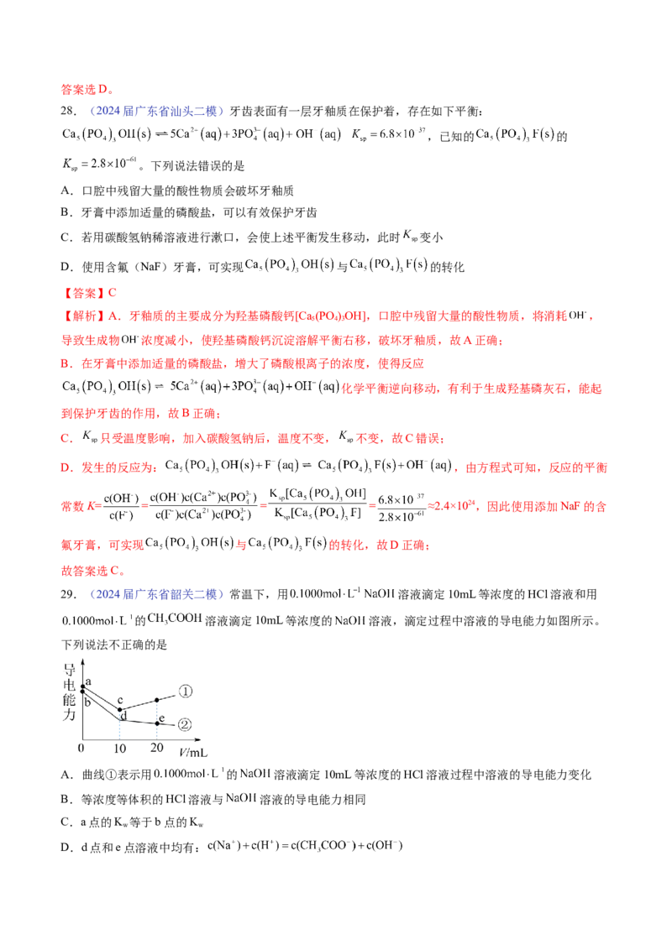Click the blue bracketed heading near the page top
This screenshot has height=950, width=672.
click(159, 111)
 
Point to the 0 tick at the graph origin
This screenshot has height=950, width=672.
click(81, 745)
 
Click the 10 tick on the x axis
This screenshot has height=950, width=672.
click(120, 745)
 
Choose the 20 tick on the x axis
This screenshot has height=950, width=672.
click(157, 745)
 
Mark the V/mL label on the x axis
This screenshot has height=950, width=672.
click(192, 742)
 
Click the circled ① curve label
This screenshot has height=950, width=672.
click(186, 692)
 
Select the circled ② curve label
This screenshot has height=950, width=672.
click(186, 723)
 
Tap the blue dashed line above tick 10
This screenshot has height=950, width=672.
click(120, 724)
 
